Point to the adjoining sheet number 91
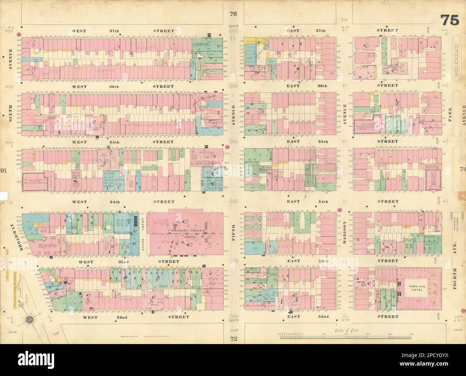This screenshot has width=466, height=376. pyautogui.click(x=4, y=170)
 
